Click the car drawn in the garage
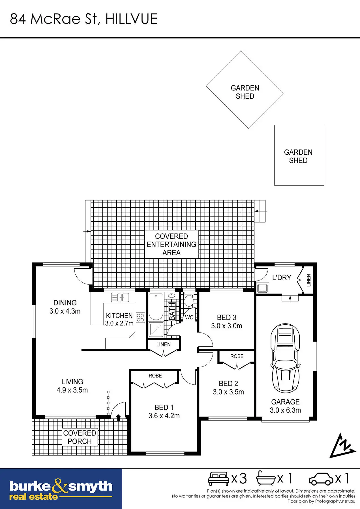point(285,358)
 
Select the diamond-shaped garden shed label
point(245,92)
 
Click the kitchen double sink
point(120,297)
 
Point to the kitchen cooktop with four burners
point(140,318)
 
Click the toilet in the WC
point(188,300)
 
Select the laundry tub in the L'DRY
point(262,288)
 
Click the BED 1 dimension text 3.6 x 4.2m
point(164,416)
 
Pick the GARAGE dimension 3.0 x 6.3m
point(285,410)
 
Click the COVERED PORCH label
point(80,437)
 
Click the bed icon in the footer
point(218,479)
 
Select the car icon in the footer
point(321,479)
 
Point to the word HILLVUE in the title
point(131,19)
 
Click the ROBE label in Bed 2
point(237,356)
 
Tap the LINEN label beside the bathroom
point(164,344)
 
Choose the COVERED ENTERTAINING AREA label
point(172,244)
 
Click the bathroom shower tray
point(156,329)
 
